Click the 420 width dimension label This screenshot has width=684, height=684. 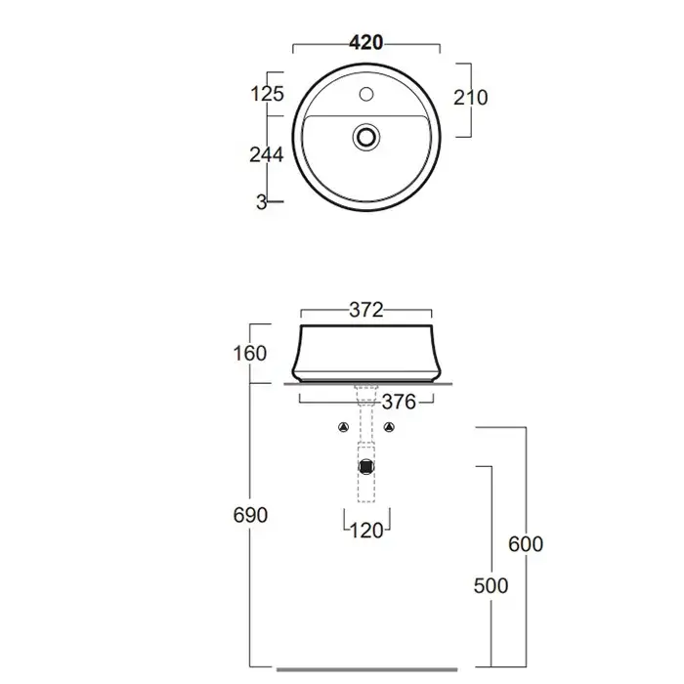[x=366, y=42]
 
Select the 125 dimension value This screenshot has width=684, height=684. [x=268, y=94]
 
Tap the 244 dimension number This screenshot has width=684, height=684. [x=267, y=154]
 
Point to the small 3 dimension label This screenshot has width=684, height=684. [x=261, y=202]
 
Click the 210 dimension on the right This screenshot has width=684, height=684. [x=471, y=98]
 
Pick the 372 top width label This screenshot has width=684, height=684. [x=366, y=310]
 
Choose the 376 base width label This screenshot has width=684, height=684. [x=399, y=402]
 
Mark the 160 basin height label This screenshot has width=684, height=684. [x=250, y=354]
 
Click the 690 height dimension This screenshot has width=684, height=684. [x=250, y=515]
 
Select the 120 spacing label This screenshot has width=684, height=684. [x=366, y=531]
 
